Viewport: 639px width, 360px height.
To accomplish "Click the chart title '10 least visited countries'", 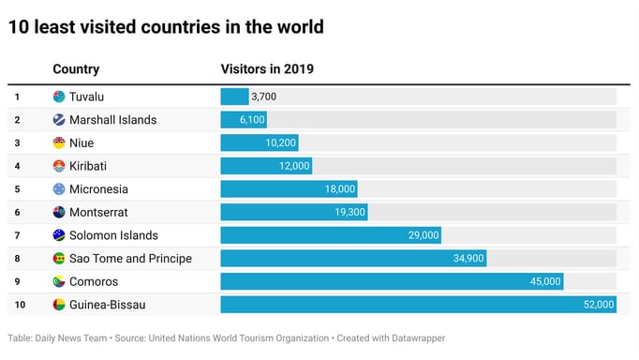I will (166, 27).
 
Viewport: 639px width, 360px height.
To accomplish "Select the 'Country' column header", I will (76, 69).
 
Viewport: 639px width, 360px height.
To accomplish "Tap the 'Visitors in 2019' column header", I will (267, 69).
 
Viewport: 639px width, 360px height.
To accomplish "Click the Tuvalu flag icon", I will (59, 97).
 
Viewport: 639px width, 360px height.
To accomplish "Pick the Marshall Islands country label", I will (112, 120).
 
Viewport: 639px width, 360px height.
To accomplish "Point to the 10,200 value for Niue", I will (281, 142).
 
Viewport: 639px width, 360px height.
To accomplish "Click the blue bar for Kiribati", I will (266, 166).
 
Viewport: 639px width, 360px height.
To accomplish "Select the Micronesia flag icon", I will (59, 189).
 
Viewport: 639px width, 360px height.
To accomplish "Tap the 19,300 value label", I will (349, 213).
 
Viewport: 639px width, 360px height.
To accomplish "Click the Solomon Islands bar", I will (330, 235).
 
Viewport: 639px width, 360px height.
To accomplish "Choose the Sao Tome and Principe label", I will (130, 259).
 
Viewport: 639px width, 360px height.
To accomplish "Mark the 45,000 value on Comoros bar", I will (543, 281).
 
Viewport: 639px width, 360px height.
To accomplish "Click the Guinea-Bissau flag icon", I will (59, 305).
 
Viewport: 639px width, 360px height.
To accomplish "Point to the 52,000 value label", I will (597, 305).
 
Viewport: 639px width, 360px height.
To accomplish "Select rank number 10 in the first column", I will (18, 305).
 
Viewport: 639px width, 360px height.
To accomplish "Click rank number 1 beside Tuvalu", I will (17, 97).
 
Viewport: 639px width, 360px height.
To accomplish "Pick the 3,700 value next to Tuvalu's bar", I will (263, 97).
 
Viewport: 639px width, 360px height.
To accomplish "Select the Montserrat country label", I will (98, 213).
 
